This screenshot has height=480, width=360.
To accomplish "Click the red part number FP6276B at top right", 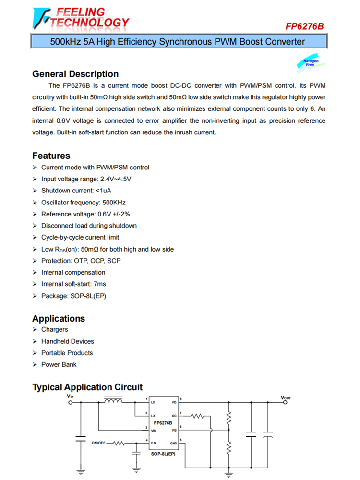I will [x=304, y=27].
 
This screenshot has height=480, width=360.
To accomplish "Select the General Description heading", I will [x=75, y=74].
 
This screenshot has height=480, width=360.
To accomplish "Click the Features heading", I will [x=51, y=156].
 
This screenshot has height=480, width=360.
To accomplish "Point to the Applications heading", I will [x=59, y=318].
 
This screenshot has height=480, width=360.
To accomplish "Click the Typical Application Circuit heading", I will [x=87, y=387].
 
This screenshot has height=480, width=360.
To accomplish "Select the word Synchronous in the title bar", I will [x=187, y=42].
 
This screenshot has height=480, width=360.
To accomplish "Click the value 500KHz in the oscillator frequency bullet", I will [x=114, y=203].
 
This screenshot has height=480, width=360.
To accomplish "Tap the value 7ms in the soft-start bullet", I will [x=100, y=284].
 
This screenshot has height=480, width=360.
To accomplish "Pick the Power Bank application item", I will [x=59, y=364].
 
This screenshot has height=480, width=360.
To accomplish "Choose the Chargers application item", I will [x=54, y=330].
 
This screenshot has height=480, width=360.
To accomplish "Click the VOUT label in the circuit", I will [x=286, y=398].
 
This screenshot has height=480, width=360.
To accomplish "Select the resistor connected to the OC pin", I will [x=198, y=415].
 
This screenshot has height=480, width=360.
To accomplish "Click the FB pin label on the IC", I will [x=174, y=431].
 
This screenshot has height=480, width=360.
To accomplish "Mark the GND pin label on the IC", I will [x=173, y=443].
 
